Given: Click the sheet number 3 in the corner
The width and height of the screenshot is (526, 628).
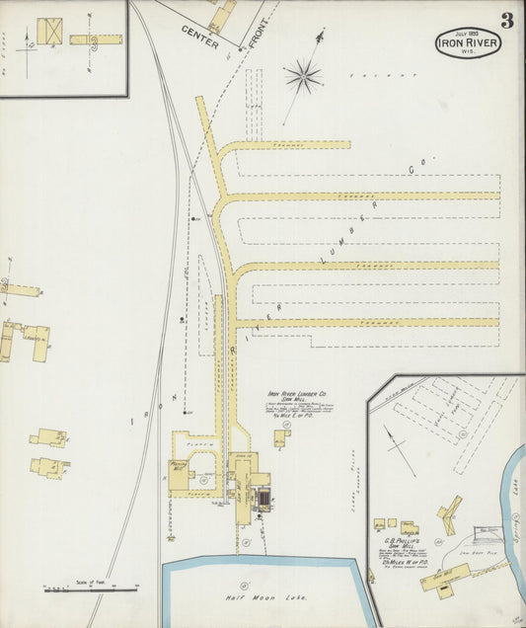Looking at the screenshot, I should [506, 20].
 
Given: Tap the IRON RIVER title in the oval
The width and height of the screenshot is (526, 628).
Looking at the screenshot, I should [470, 43].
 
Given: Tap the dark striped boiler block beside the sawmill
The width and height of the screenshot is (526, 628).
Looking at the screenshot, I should [263, 500].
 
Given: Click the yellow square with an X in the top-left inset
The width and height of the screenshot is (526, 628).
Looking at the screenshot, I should [49, 32].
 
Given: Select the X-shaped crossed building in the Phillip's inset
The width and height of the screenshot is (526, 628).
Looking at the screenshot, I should [449, 513].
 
